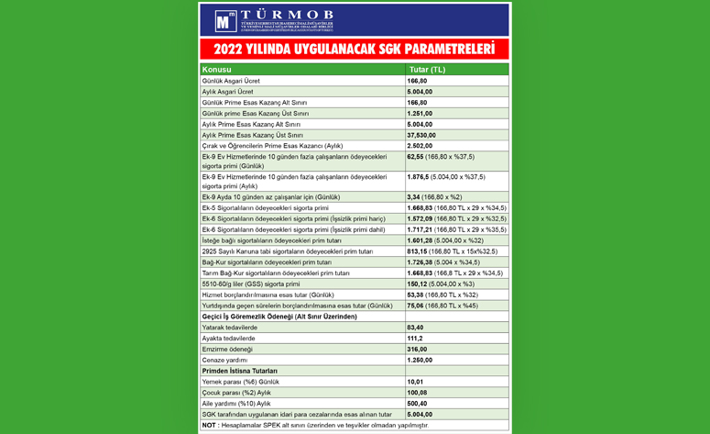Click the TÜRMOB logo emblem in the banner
pyautogui.click(x=225, y=21)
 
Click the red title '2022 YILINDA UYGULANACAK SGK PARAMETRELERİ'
pyautogui.click(x=354, y=50)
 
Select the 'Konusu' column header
pyautogui.click(x=217, y=70)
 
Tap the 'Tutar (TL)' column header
pyautogui.click(x=427, y=70)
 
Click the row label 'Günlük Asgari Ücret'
pyautogui.click(x=231, y=81)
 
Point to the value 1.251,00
pyautogui.click(x=421, y=113)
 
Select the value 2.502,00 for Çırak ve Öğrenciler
pyautogui.click(x=421, y=146)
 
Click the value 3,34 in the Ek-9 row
pyautogui.click(x=413, y=197)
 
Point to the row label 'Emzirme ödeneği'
pyautogui.click(x=228, y=349)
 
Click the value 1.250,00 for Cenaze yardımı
pyautogui.click(x=421, y=360)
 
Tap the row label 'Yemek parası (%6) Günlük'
pyautogui.click(x=240, y=381)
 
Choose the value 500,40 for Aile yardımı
pyautogui.click(x=418, y=403)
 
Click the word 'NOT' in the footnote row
pyautogui.click(x=210, y=426)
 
